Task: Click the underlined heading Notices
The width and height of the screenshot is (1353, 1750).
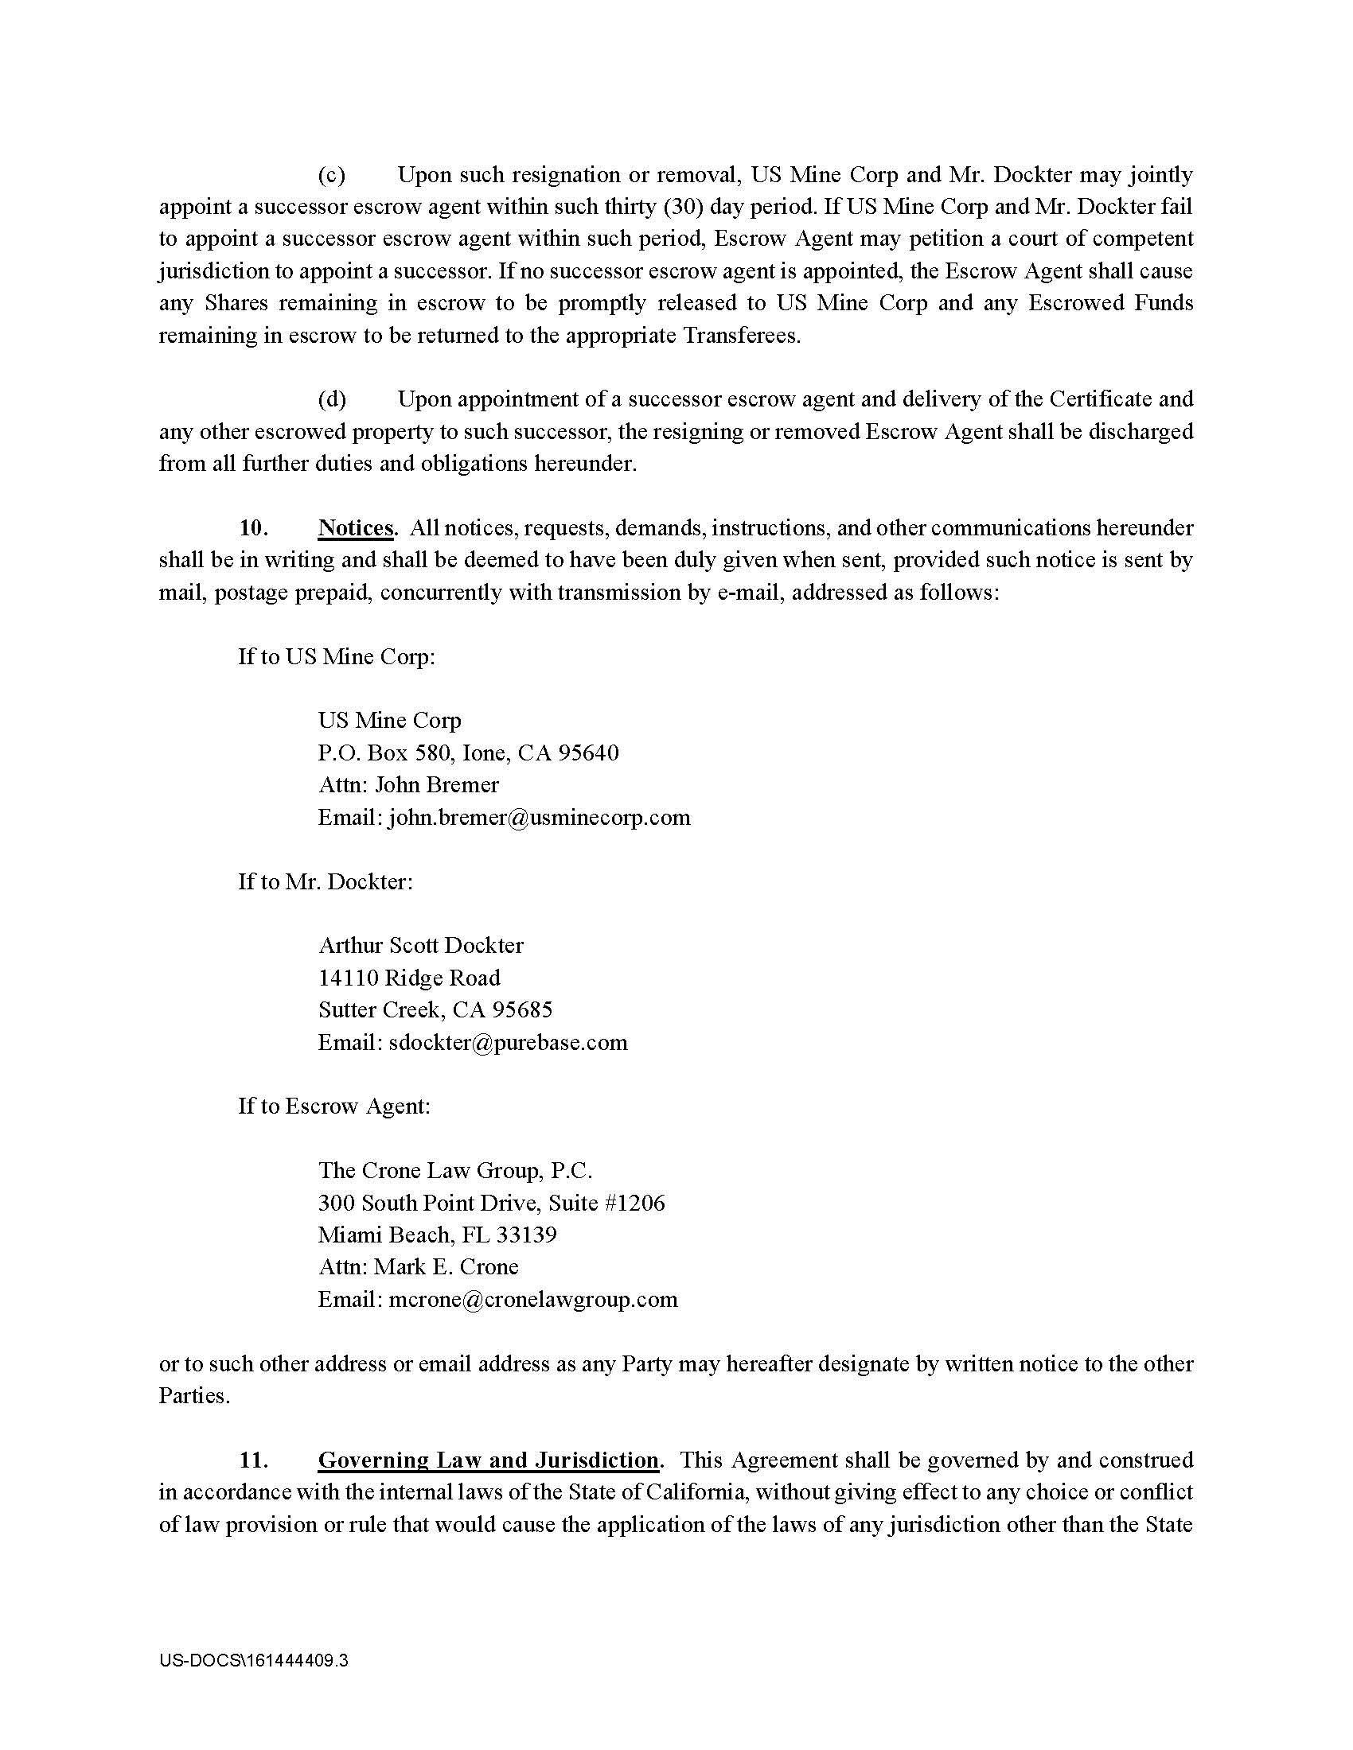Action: pos(355,527)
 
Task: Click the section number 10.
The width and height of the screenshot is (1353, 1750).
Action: pos(253,527)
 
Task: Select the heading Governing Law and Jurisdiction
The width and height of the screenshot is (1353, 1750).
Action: pos(488,1459)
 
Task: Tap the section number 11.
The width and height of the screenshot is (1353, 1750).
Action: pos(253,1459)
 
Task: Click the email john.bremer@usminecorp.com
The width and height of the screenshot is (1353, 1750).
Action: pos(539,816)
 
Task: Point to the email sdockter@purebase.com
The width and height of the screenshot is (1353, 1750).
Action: pos(508,1042)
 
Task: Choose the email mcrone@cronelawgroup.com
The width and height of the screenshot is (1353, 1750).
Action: pos(533,1298)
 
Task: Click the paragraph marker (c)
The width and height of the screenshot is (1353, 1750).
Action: pos(331,175)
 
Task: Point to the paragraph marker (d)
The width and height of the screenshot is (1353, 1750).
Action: pos(331,399)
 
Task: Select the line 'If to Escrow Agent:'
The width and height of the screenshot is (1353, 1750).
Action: pos(334,1106)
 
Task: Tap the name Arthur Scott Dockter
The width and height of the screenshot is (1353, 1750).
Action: pos(421,945)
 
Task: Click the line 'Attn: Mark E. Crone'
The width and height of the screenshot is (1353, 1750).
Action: pos(419,1266)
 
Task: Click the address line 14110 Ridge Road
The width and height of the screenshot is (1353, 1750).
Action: pos(410,977)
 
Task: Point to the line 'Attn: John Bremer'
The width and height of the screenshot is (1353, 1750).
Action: pos(409,784)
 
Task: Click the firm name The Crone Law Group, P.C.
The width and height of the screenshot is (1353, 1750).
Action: pos(455,1170)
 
